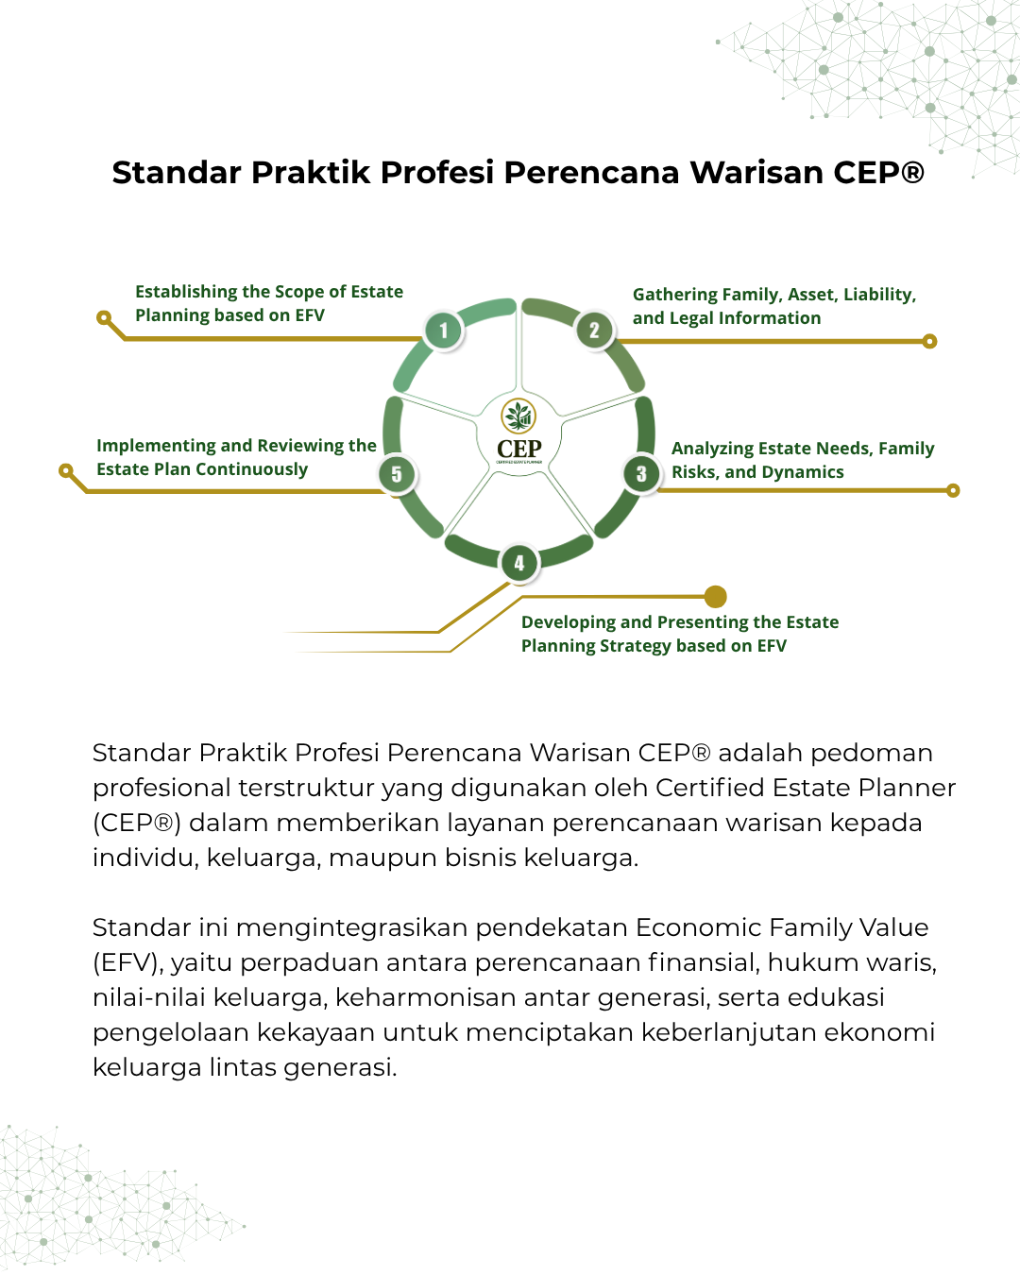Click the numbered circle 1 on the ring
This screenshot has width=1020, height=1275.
pos(443,331)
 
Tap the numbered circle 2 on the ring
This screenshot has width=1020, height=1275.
pos(594,330)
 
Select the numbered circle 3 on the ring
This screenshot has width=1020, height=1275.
pos(641,473)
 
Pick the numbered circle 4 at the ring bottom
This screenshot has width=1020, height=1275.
pos(518,563)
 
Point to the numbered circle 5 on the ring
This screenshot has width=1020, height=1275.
pos(397,474)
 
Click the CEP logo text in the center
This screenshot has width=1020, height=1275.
pos(519,449)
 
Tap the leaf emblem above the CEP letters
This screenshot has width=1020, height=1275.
pos(518,416)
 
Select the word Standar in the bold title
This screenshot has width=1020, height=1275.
pos(177,173)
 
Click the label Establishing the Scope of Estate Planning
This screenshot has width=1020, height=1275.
pos(268,303)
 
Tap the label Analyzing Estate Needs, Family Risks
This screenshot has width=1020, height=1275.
pos(802,460)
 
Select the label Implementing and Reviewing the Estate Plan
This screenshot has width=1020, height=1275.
pos(235,457)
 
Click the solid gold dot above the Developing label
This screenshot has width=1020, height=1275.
pos(716,597)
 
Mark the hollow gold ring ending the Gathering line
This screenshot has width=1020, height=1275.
pos(929,341)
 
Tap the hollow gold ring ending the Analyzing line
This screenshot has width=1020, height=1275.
pos(953,490)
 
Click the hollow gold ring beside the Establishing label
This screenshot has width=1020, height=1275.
pos(104,317)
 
